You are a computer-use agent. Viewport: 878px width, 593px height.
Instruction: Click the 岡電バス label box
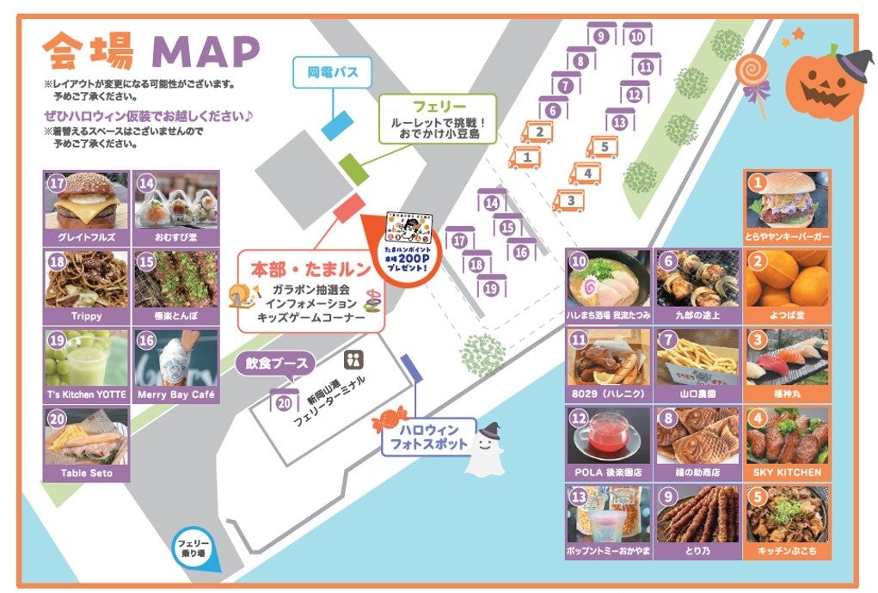click(x=333, y=72)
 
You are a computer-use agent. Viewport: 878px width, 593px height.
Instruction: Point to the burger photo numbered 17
click(x=86, y=201)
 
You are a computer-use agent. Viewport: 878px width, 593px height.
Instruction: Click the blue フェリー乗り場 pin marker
click(x=195, y=547)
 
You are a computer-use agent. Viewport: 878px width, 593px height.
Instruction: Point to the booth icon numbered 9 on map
click(x=601, y=36)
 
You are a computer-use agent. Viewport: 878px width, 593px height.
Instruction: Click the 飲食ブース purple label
click(x=273, y=364)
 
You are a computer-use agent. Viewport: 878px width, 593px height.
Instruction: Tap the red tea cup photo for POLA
click(x=608, y=436)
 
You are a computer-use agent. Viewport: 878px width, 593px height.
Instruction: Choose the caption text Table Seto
click(x=86, y=473)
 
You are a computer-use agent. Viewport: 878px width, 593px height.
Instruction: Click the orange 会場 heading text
click(x=89, y=51)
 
